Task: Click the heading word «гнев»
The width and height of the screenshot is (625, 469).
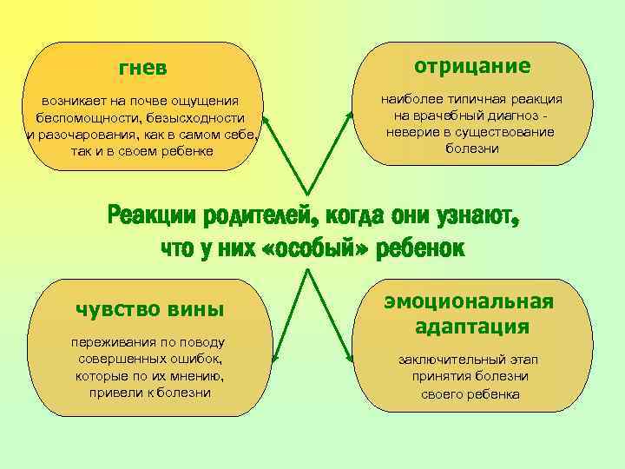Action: (x=142, y=68)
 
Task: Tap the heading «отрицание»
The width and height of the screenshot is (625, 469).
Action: (x=472, y=66)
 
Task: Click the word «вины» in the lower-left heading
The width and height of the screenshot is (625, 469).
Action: (x=192, y=308)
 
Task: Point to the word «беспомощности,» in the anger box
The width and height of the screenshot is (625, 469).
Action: (x=82, y=118)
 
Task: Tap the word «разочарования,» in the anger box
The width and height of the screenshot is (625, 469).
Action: (x=84, y=135)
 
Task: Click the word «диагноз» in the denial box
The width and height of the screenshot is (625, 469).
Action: (x=513, y=116)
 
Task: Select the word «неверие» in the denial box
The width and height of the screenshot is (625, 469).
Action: (x=414, y=132)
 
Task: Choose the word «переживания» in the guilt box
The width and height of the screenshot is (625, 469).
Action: (x=109, y=341)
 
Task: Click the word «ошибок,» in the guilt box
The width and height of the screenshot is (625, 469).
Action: (x=196, y=358)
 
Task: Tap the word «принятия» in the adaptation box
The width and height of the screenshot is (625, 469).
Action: (x=441, y=376)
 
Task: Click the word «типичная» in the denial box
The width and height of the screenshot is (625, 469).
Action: (x=470, y=99)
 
